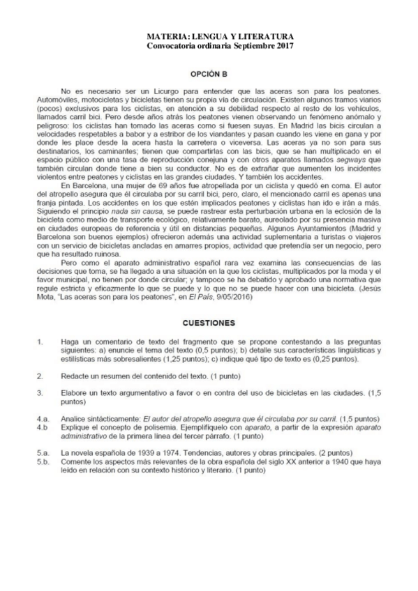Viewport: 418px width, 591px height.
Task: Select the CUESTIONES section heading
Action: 209,323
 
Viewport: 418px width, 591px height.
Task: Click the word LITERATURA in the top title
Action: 268,36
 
